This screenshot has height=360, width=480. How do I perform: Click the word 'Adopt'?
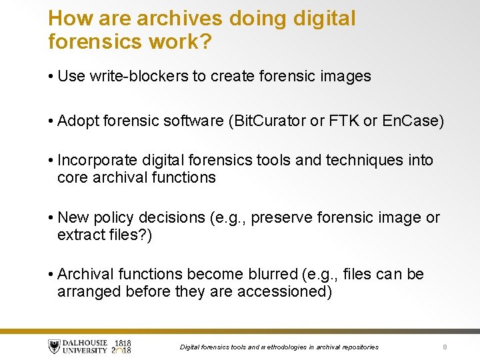tap(79, 121)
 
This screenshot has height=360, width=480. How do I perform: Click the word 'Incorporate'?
tap(99, 161)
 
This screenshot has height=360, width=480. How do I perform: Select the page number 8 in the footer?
tap(444, 347)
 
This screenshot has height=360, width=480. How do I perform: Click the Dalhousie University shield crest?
tap(54, 346)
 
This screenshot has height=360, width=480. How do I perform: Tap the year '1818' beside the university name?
tap(123, 342)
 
